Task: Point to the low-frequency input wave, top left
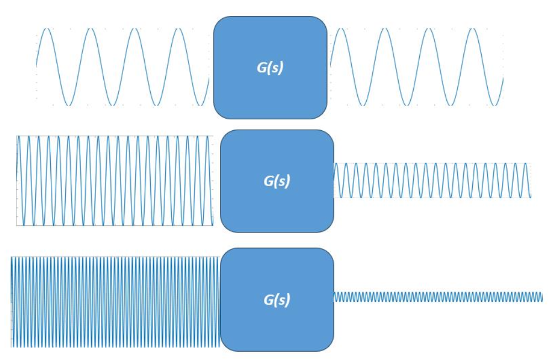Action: tap(122, 67)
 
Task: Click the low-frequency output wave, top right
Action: tap(416, 67)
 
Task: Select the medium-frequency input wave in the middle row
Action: tap(114, 181)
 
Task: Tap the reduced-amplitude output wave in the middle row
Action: tap(432, 181)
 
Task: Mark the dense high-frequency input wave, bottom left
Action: tap(115, 302)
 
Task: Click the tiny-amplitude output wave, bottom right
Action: tap(438, 297)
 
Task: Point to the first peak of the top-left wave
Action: tap(47, 29)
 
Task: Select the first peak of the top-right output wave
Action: tap(341, 29)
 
